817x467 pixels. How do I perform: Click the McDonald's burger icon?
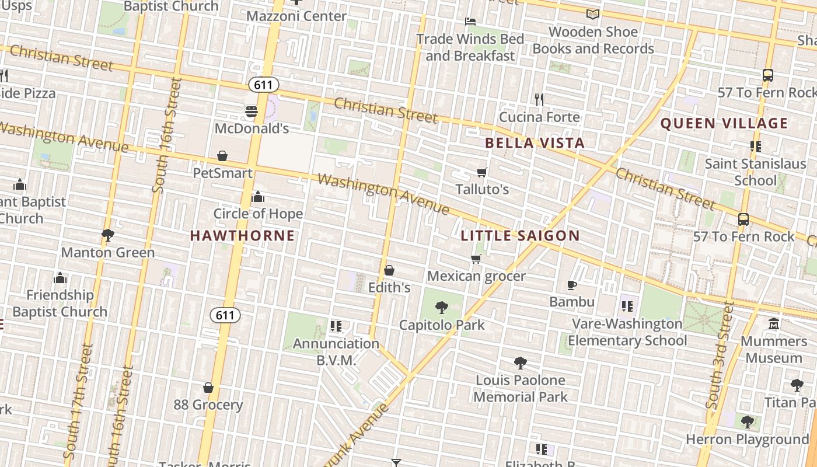click(252, 111)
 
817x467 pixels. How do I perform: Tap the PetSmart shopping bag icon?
click(222, 156)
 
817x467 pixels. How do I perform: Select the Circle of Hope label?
click(258, 214)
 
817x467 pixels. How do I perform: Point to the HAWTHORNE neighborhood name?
click(243, 236)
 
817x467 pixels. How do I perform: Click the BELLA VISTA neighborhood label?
click(535, 143)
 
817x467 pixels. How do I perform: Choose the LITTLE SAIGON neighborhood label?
click(520, 236)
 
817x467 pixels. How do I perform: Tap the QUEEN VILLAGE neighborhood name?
click(724, 123)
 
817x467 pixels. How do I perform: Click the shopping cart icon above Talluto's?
click(482, 172)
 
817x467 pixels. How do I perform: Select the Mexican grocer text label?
click(476, 276)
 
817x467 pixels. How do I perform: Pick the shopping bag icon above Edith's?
click(389, 270)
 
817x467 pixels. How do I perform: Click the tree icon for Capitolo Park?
click(442, 307)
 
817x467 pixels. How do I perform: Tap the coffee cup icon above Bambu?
click(572, 285)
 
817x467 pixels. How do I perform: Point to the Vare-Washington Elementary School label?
click(627, 332)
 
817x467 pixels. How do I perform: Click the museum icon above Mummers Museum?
click(774, 323)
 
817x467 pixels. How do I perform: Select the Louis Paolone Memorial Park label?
click(521, 388)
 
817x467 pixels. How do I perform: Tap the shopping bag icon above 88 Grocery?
click(208, 388)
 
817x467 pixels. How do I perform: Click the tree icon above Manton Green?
click(107, 235)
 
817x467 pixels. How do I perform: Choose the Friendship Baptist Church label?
click(60, 303)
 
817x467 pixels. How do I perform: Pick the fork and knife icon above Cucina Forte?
click(539, 100)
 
